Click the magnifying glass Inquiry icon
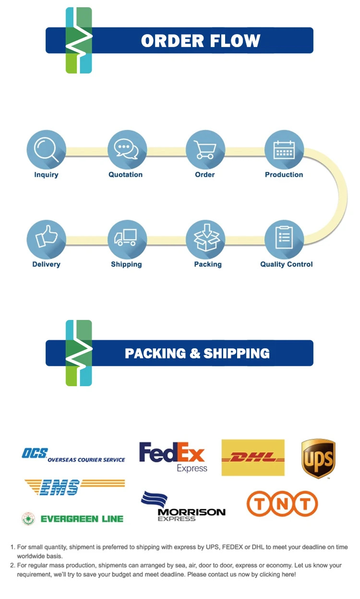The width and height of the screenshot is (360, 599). (x=46, y=150)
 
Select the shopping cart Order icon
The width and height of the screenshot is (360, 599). (x=205, y=150)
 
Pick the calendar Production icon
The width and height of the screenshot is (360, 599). (x=284, y=150)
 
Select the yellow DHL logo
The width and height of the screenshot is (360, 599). (x=253, y=458)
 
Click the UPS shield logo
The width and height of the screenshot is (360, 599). (x=318, y=458)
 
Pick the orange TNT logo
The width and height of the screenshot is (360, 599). (x=282, y=503)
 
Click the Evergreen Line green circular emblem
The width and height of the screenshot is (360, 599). (x=28, y=519)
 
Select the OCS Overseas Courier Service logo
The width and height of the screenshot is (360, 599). (x=73, y=455)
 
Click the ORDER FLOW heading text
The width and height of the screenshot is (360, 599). (x=201, y=41)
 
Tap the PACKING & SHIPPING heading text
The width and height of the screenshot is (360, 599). (x=197, y=354)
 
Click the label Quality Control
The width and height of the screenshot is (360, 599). (x=286, y=264)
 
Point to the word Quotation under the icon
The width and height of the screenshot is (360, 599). (x=126, y=175)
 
